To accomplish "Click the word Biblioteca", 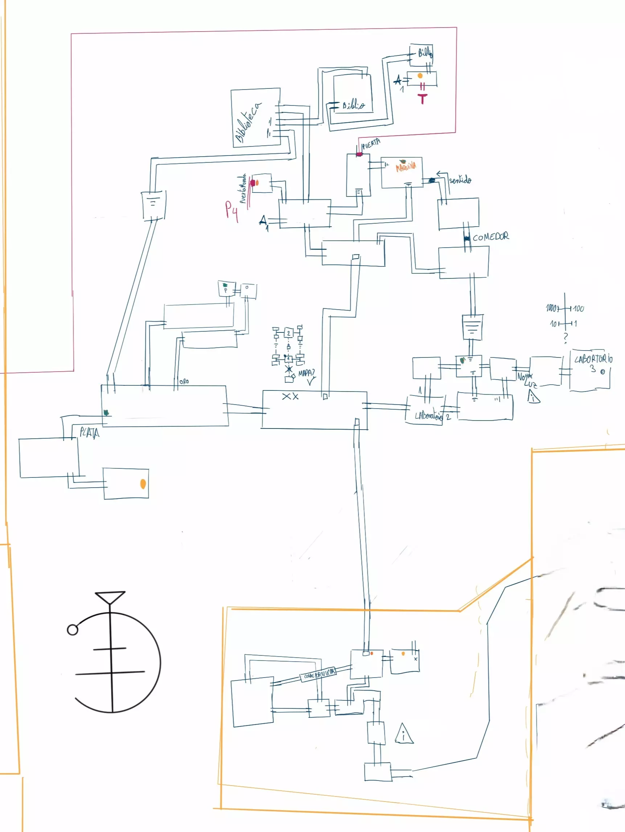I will (x=248, y=123).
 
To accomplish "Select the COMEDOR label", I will (x=491, y=237).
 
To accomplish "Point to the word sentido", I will (x=460, y=180).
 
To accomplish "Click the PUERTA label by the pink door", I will (x=371, y=144).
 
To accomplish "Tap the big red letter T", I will (x=423, y=99).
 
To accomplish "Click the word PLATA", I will (x=89, y=433).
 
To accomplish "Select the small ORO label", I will (x=184, y=382).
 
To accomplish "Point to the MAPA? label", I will (x=306, y=373).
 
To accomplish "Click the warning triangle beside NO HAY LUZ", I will (x=534, y=397).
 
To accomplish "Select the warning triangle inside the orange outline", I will (x=404, y=734).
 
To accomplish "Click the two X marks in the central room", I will (x=290, y=397).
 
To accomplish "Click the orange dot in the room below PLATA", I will (x=143, y=484).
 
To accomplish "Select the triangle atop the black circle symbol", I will (x=110, y=597).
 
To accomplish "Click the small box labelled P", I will (x=226, y=289).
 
